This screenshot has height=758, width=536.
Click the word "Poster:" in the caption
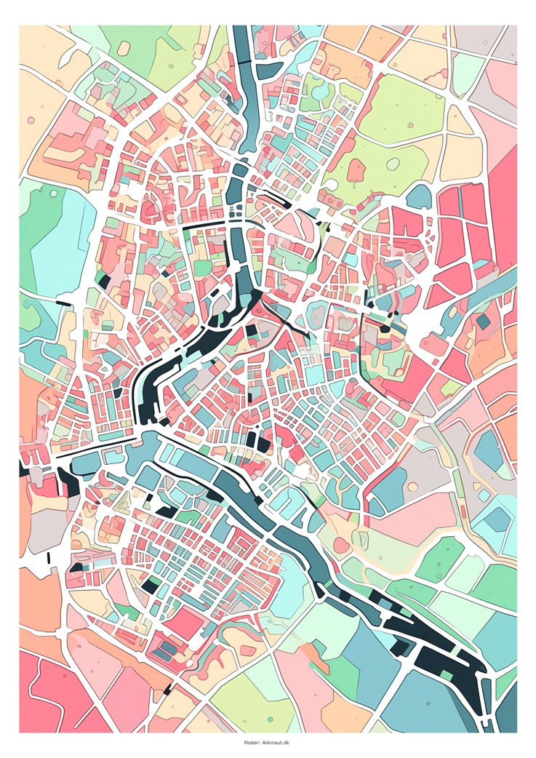[x=252, y=743]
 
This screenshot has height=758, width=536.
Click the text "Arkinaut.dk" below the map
[x=276, y=743]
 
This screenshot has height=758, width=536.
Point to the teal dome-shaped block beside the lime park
[x=419, y=196]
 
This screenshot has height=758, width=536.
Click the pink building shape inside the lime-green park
[x=356, y=170]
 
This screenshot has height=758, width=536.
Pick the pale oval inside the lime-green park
[x=393, y=164]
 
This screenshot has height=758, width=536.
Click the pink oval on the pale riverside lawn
[x=341, y=545]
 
